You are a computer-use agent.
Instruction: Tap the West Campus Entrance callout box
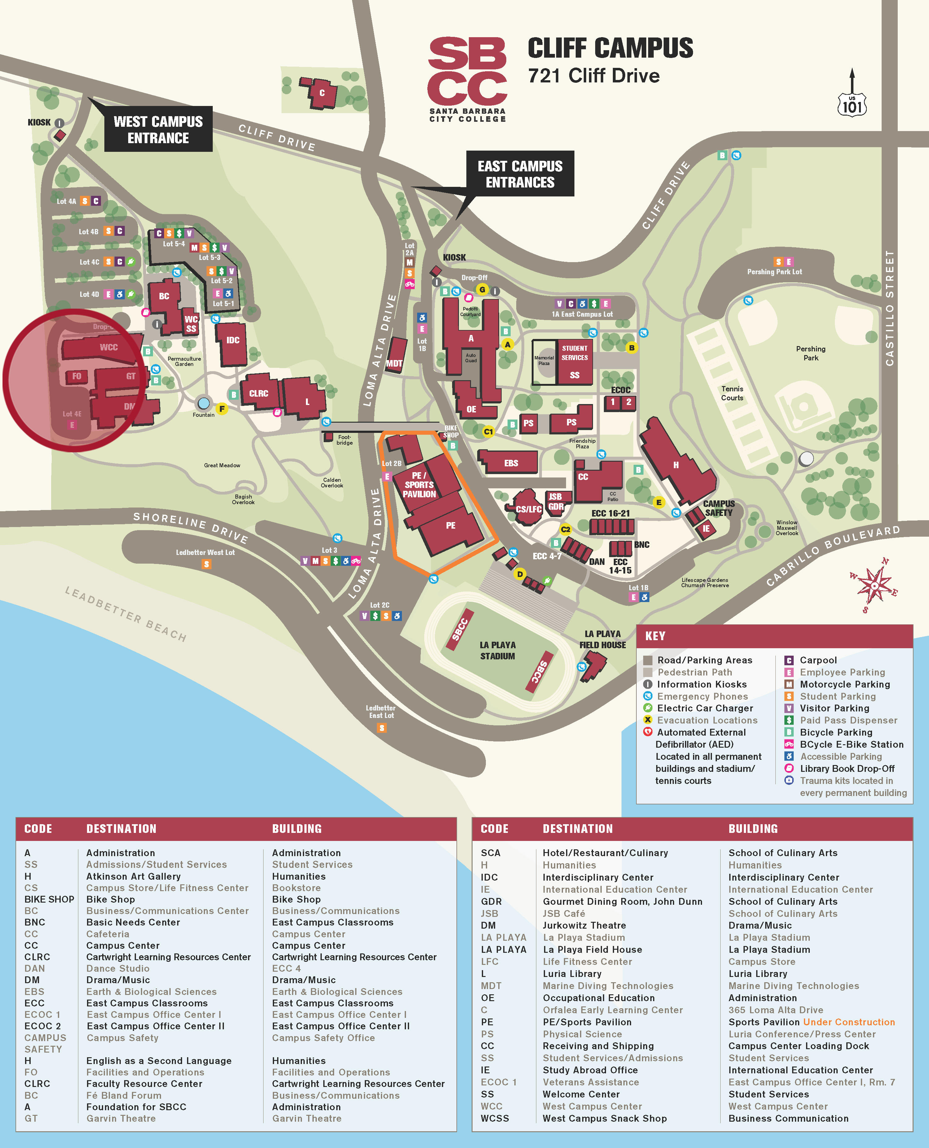point(159,130)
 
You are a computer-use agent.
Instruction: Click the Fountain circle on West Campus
point(203,403)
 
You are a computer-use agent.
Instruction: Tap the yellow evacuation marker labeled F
point(221,409)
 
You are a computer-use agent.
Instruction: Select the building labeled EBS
point(511,463)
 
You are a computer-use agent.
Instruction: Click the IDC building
point(232,341)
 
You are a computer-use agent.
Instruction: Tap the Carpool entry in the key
point(818,660)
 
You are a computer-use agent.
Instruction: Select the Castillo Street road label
point(889,308)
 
